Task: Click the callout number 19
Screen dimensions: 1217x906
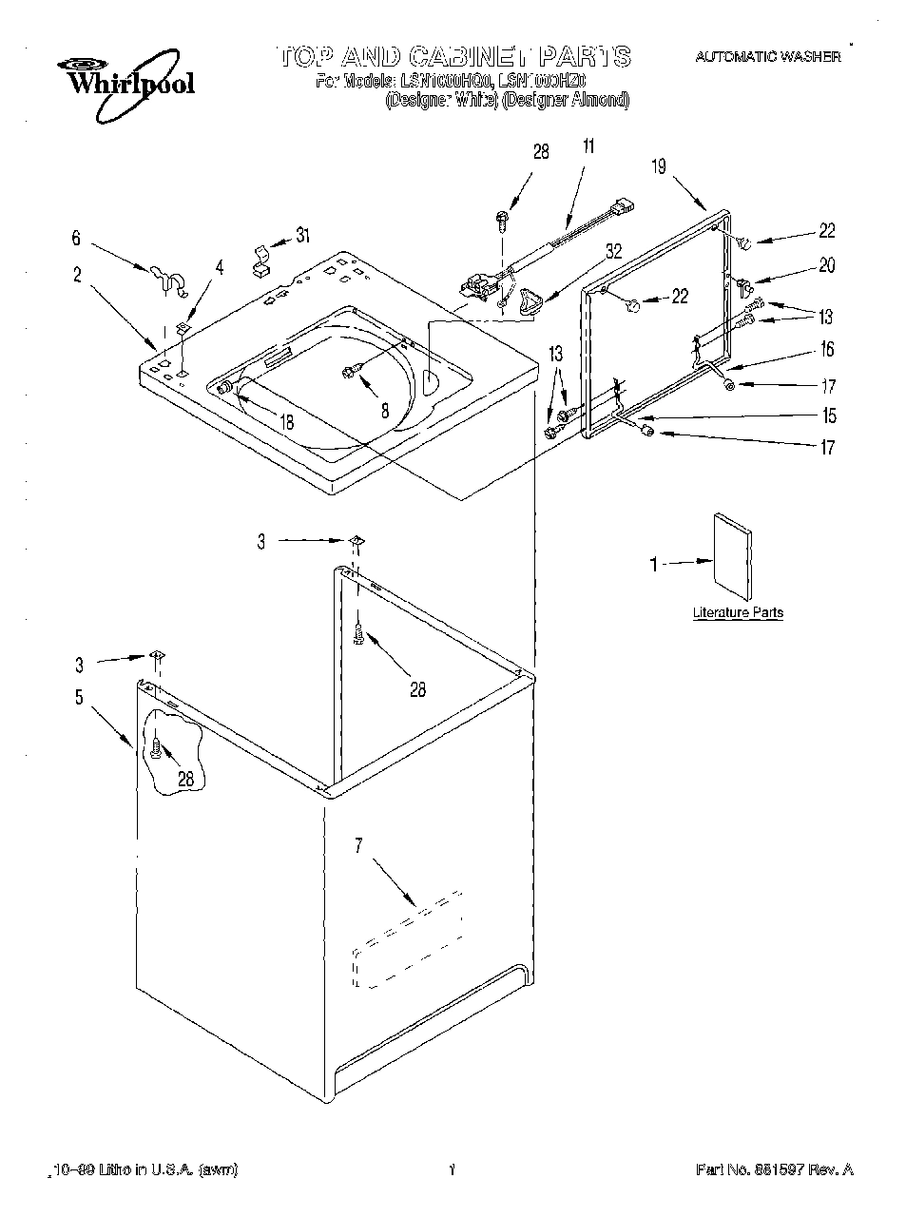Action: point(659,166)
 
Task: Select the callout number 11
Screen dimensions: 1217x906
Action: point(588,146)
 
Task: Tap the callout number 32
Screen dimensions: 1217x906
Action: point(613,251)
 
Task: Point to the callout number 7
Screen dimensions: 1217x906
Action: point(358,846)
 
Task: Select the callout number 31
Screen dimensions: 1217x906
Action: point(301,236)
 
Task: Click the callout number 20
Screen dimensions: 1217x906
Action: point(826,265)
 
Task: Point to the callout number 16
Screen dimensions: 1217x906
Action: point(826,349)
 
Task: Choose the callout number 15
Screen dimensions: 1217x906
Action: point(829,415)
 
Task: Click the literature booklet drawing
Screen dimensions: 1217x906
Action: point(732,556)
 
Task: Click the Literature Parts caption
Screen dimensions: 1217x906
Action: point(738,613)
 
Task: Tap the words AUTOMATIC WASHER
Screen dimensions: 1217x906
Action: point(767,57)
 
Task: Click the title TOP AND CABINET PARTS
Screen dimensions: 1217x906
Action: point(454,56)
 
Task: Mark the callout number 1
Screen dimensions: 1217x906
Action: point(653,565)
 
